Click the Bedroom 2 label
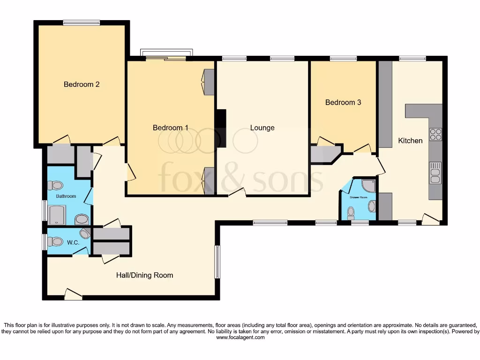[82, 84]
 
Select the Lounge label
[262, 127]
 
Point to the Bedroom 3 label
[343, 102]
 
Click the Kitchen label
[410, 140]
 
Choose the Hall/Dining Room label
[144, 275]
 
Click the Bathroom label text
[66, 196]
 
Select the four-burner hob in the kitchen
[435, 134]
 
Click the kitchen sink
[435, 172]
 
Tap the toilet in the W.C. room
[56, 241]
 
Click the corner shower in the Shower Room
[369, 186]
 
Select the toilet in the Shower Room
[351, 213]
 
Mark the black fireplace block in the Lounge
[220, 127]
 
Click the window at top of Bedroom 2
[82, 22]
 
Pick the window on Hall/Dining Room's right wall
[217, 262]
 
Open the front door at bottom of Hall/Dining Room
[73, 295]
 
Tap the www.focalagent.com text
[240, 337]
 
